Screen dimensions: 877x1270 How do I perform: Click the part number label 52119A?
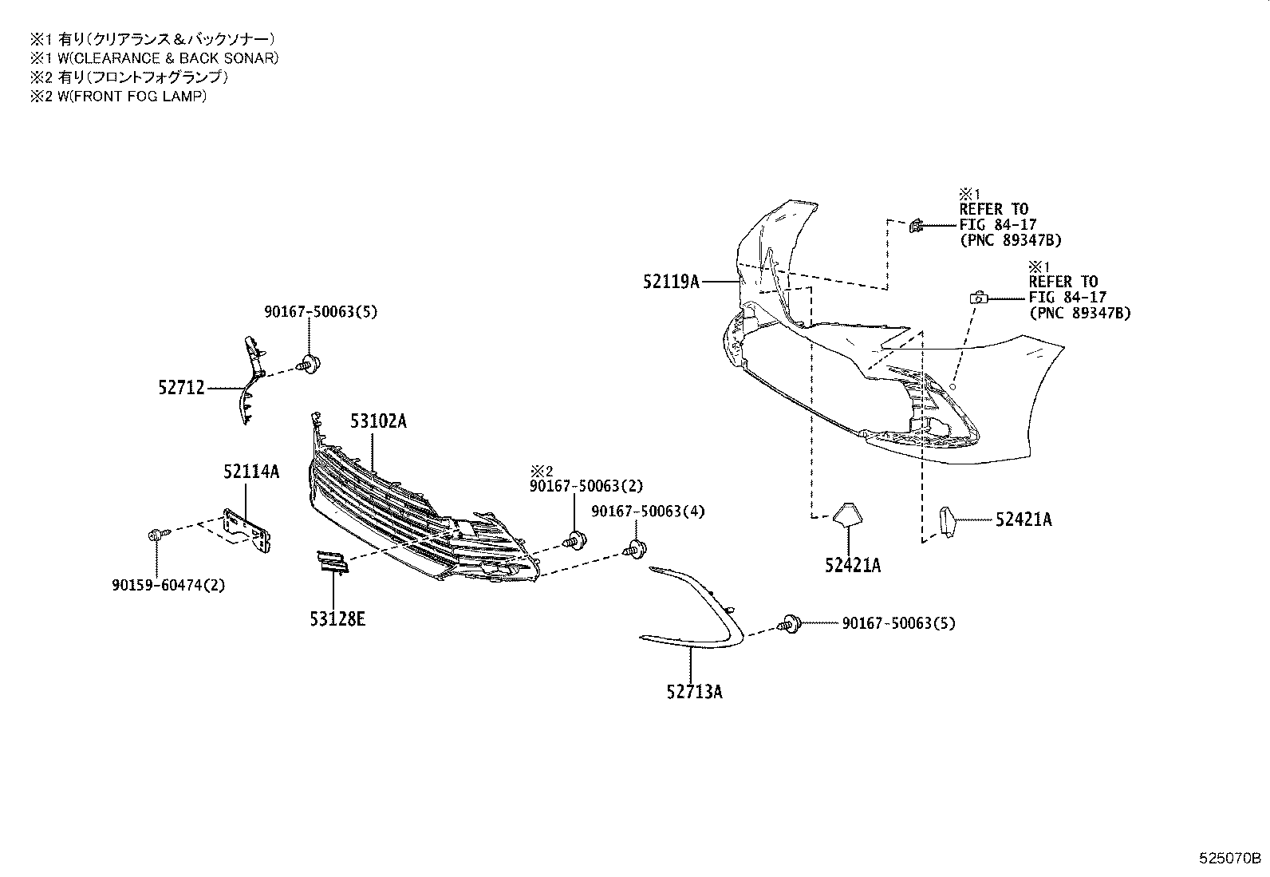(x=671, y=282)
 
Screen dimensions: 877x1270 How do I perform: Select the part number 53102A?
(x=377, y=421)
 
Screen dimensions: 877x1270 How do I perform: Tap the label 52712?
(x=181, y=389)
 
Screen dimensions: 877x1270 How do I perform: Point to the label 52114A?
(x=251, y=472)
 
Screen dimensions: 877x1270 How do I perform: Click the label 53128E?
(x=337, y=618)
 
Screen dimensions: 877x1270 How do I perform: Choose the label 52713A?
(x=694, y=692)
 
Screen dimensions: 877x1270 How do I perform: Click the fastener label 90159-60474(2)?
(x=168, y=585)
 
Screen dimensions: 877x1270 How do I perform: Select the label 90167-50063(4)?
(x=648, y=511)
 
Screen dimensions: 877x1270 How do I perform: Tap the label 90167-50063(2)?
(x=586, y=485)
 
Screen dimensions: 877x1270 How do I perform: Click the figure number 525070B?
(x=1229, y=859)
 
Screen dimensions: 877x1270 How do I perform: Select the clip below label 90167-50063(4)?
(x=636, y=549)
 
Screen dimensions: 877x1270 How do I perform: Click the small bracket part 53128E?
(x=331, y=562)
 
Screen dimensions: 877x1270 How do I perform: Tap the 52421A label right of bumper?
(x=1023, y=520)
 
